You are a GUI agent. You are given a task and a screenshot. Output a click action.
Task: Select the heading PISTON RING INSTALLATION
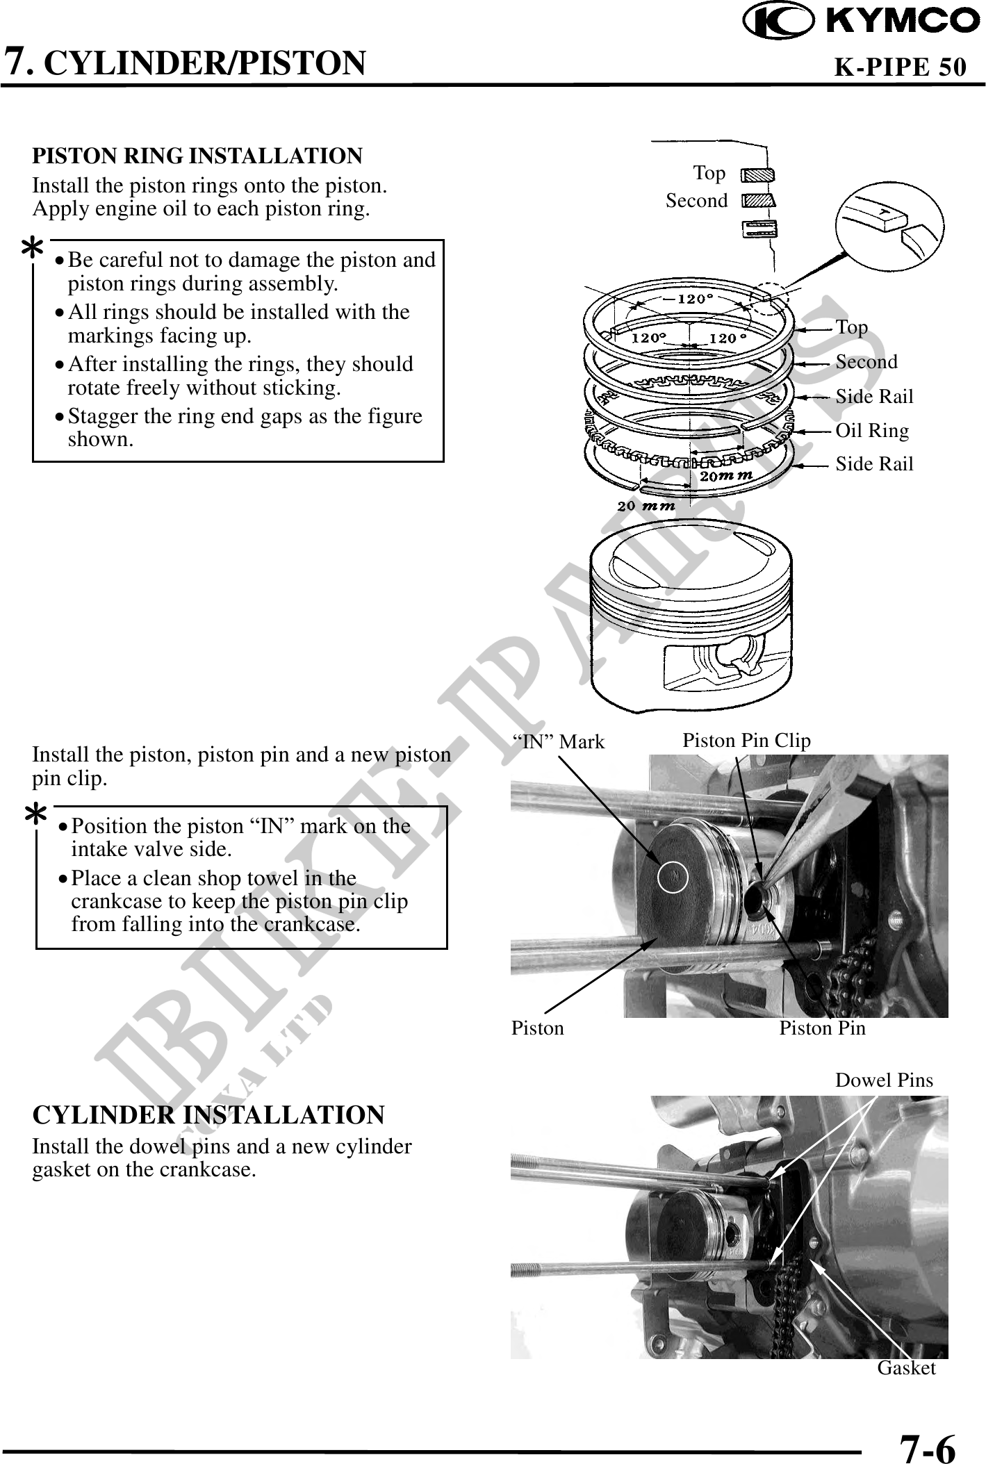tap(197, 156)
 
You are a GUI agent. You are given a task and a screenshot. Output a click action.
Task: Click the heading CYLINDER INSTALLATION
tap(208, 1115)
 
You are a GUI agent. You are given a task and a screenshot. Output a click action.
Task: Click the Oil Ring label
tap(871, 431)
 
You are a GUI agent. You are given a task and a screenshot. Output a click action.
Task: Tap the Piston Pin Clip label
tap(746, 741)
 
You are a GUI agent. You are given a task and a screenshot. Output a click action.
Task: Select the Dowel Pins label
tap(884, 1080)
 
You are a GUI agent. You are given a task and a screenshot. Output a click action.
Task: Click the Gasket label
tap(906, 1368)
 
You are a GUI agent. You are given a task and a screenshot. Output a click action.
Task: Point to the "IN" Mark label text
tap(558, 742)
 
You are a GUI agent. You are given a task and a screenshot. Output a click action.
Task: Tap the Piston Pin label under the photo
tap(822, 1028)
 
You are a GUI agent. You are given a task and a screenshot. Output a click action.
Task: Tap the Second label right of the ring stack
tap(866, 362)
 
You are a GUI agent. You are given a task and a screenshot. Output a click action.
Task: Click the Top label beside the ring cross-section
tap(709, 173)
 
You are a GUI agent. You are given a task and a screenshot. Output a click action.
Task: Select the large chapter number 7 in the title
tap(17, 61)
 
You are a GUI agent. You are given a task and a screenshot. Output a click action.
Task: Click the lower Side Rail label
tap(874, 463)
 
